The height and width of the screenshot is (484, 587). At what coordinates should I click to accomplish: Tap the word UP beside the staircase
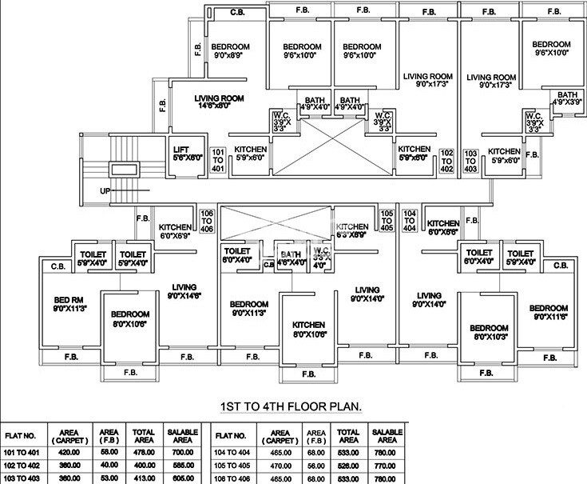[x=105, y=191]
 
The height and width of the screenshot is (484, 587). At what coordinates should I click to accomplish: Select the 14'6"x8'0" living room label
[x=218, y=101]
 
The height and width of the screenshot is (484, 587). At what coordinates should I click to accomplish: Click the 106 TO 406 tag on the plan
[x=207, y=220]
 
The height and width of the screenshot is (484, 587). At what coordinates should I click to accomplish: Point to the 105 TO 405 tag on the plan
[x=387, y=220]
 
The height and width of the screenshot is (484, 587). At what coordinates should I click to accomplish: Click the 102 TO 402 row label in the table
[x=22, y=464]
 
